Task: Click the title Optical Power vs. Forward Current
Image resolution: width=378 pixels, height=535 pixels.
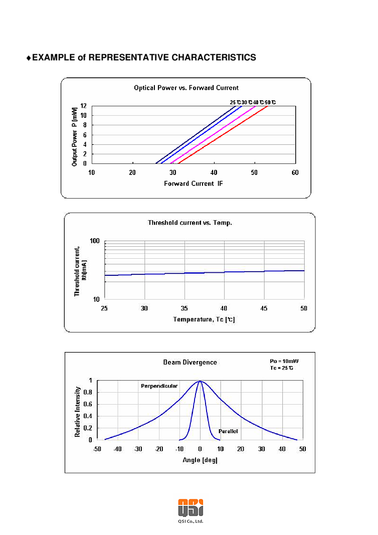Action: (x=186, y=88)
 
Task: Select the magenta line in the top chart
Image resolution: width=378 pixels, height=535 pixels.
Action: (x=216, y=135)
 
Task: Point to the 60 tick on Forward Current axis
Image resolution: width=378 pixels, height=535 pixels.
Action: (x=295, y=172)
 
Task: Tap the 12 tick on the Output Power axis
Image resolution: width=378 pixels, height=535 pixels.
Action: (x=83, y=106)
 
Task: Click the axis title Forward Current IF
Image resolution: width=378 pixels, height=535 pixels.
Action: (x=194, y=184)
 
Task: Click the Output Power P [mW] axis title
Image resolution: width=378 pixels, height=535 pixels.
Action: (x=74, y=135)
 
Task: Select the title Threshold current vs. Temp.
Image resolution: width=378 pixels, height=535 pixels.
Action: (x=190, y=223)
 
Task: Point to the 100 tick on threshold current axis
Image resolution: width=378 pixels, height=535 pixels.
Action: (x=95, y=241)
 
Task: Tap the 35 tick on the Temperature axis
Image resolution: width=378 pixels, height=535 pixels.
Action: (x=184, y=307)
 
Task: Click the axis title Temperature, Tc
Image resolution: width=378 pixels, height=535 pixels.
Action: (x=204, y=319)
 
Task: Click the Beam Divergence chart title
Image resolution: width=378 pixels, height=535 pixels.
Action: (x=190, y=362)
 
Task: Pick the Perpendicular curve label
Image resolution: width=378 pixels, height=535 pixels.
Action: (x=158, y=386)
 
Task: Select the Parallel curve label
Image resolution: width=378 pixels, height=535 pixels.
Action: (x=228, y=431)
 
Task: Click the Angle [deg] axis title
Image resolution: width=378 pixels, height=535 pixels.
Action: (x=200, y=460)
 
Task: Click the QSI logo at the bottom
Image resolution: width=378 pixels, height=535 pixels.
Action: (x=191, y=506)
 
